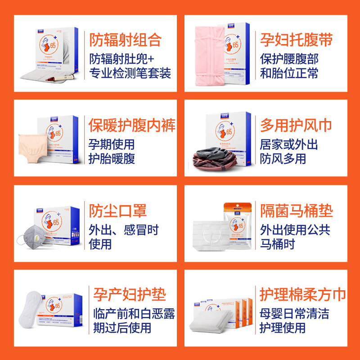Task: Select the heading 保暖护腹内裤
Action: coord(131,125)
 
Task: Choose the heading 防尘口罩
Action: coord(118,210)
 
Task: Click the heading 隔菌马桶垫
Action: coord(296,210)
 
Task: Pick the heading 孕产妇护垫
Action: coord(129,295)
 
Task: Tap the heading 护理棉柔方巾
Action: coord(302,295)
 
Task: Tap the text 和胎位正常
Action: coord(288,73)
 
